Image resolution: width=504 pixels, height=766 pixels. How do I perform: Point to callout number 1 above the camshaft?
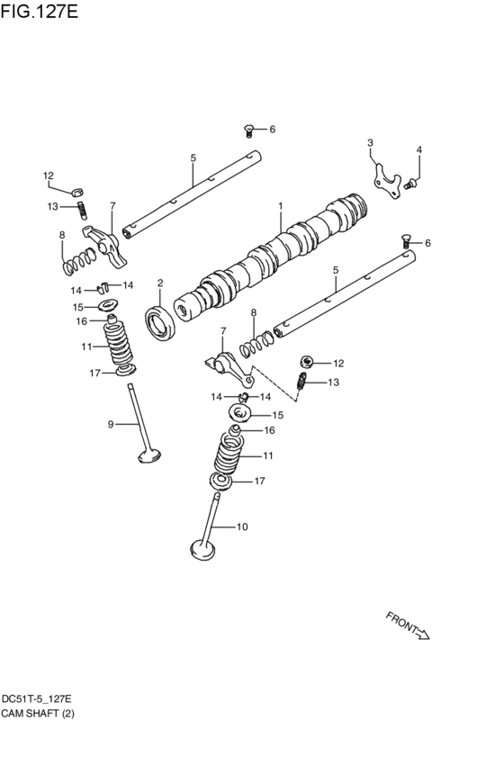click(280, 206)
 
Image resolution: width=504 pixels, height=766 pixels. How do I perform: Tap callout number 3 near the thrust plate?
click(369, 144)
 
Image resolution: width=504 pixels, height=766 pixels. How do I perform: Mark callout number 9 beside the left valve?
click(111, 424)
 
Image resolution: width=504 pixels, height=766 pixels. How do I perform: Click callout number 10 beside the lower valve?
click(241, 527)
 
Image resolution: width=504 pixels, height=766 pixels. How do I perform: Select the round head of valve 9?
click(149, 456)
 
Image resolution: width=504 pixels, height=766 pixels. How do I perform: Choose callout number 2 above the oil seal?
click(160, 284)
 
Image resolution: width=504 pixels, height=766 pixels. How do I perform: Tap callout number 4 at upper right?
click(418, 149)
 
